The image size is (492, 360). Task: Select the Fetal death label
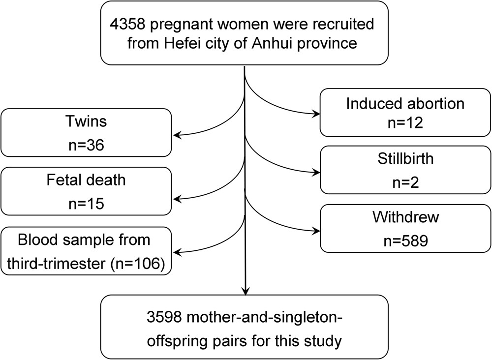point(87,180)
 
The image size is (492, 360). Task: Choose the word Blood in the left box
point(38,241)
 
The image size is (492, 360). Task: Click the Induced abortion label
point(405,104)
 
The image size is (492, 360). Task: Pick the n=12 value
point(405,123)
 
